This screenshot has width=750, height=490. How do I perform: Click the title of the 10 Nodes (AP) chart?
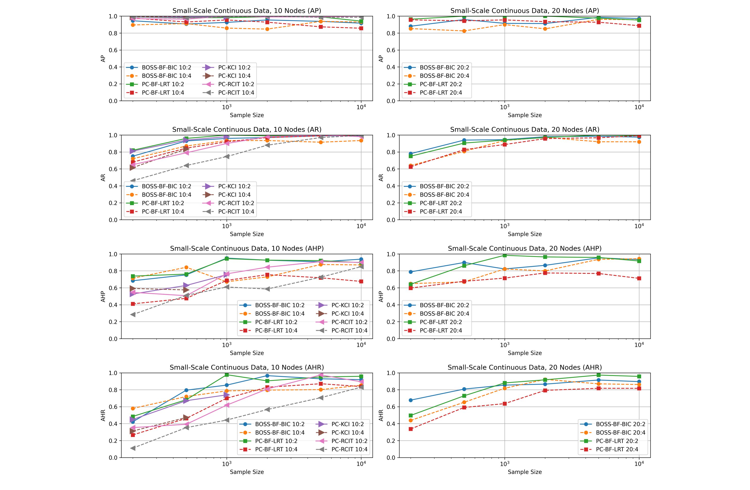pyautogui.click(x=247, y=11)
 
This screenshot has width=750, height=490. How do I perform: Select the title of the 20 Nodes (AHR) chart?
pyautogui.click(x=525, y=367)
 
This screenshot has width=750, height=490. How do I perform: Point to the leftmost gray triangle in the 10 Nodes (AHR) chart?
pyautogui.click(x=133, y=448)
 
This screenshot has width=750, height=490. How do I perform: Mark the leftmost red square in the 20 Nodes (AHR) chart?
pyautogui.click(x=411, y=429)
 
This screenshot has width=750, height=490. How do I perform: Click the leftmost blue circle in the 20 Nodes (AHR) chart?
pyautogui.click(x=411, y=400)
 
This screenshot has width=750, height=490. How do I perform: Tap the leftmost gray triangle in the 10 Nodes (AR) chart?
pyautogui.click(x=133, y=181)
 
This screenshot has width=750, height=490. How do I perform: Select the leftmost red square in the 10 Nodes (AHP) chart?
pyautogui.click(x=133, y=304)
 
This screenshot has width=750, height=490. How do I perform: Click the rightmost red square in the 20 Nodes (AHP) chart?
pyautogui.click(x=639, y=279)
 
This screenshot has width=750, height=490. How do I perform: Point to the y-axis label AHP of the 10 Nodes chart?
pyautogui.click(x=103, y=297)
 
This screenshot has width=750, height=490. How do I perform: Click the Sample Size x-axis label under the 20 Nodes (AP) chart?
pyautogui.click(x=525, y=115)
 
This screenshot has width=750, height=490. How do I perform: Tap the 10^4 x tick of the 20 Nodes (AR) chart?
pyautogui.click(x=639, y=226)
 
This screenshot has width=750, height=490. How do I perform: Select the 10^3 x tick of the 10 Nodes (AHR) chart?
pyautogui.click(x=227, y=464)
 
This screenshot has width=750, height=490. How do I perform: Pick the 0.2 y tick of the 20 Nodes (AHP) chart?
pyautogui.click(x=391, y=322)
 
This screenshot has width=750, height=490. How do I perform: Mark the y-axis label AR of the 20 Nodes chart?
pyautogui.click(x=381, y=178)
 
